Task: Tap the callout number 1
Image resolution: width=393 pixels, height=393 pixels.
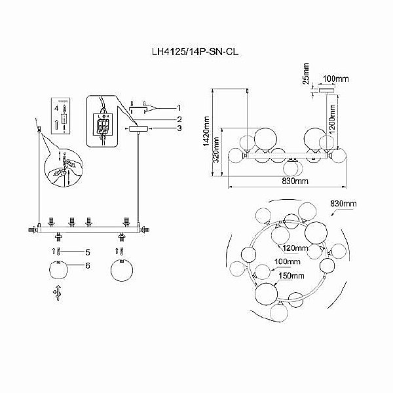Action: click(x=178, y=107)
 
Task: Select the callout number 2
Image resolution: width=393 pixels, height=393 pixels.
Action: click(x=178, y=119)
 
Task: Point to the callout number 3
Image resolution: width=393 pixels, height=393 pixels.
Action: click(x=178, y=129)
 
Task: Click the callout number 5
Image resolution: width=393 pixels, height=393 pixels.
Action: click(x=86, y=252)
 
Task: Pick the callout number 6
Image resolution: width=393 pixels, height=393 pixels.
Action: click(x=86, y=265)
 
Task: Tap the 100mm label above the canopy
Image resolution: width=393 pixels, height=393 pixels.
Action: click(x=336, y=79)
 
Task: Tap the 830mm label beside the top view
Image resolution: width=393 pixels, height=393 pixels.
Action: click(x=343, y=204)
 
